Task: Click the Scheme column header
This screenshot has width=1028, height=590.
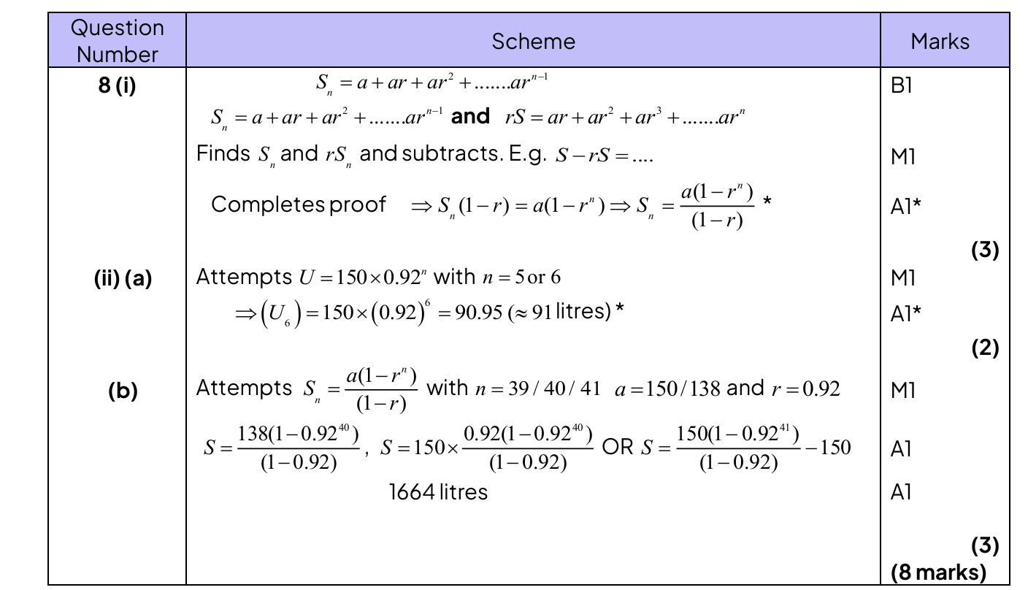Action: click(533, 41)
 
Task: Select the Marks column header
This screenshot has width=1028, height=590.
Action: click(940, 41)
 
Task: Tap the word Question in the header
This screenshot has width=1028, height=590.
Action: click(117, 28)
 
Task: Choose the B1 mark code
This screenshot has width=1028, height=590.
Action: click(902, 85)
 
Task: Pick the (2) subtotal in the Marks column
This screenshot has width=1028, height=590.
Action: click(984, 349)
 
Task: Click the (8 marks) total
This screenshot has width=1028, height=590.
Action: click(938, 572)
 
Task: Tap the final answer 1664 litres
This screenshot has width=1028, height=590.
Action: click(438, 492)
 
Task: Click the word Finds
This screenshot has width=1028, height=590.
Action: click(223, 154)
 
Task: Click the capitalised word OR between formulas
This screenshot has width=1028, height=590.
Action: click(618, 447)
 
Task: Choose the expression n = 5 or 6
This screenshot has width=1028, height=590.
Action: click(521, 277)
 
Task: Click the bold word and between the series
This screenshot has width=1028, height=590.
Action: click(470, 116)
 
